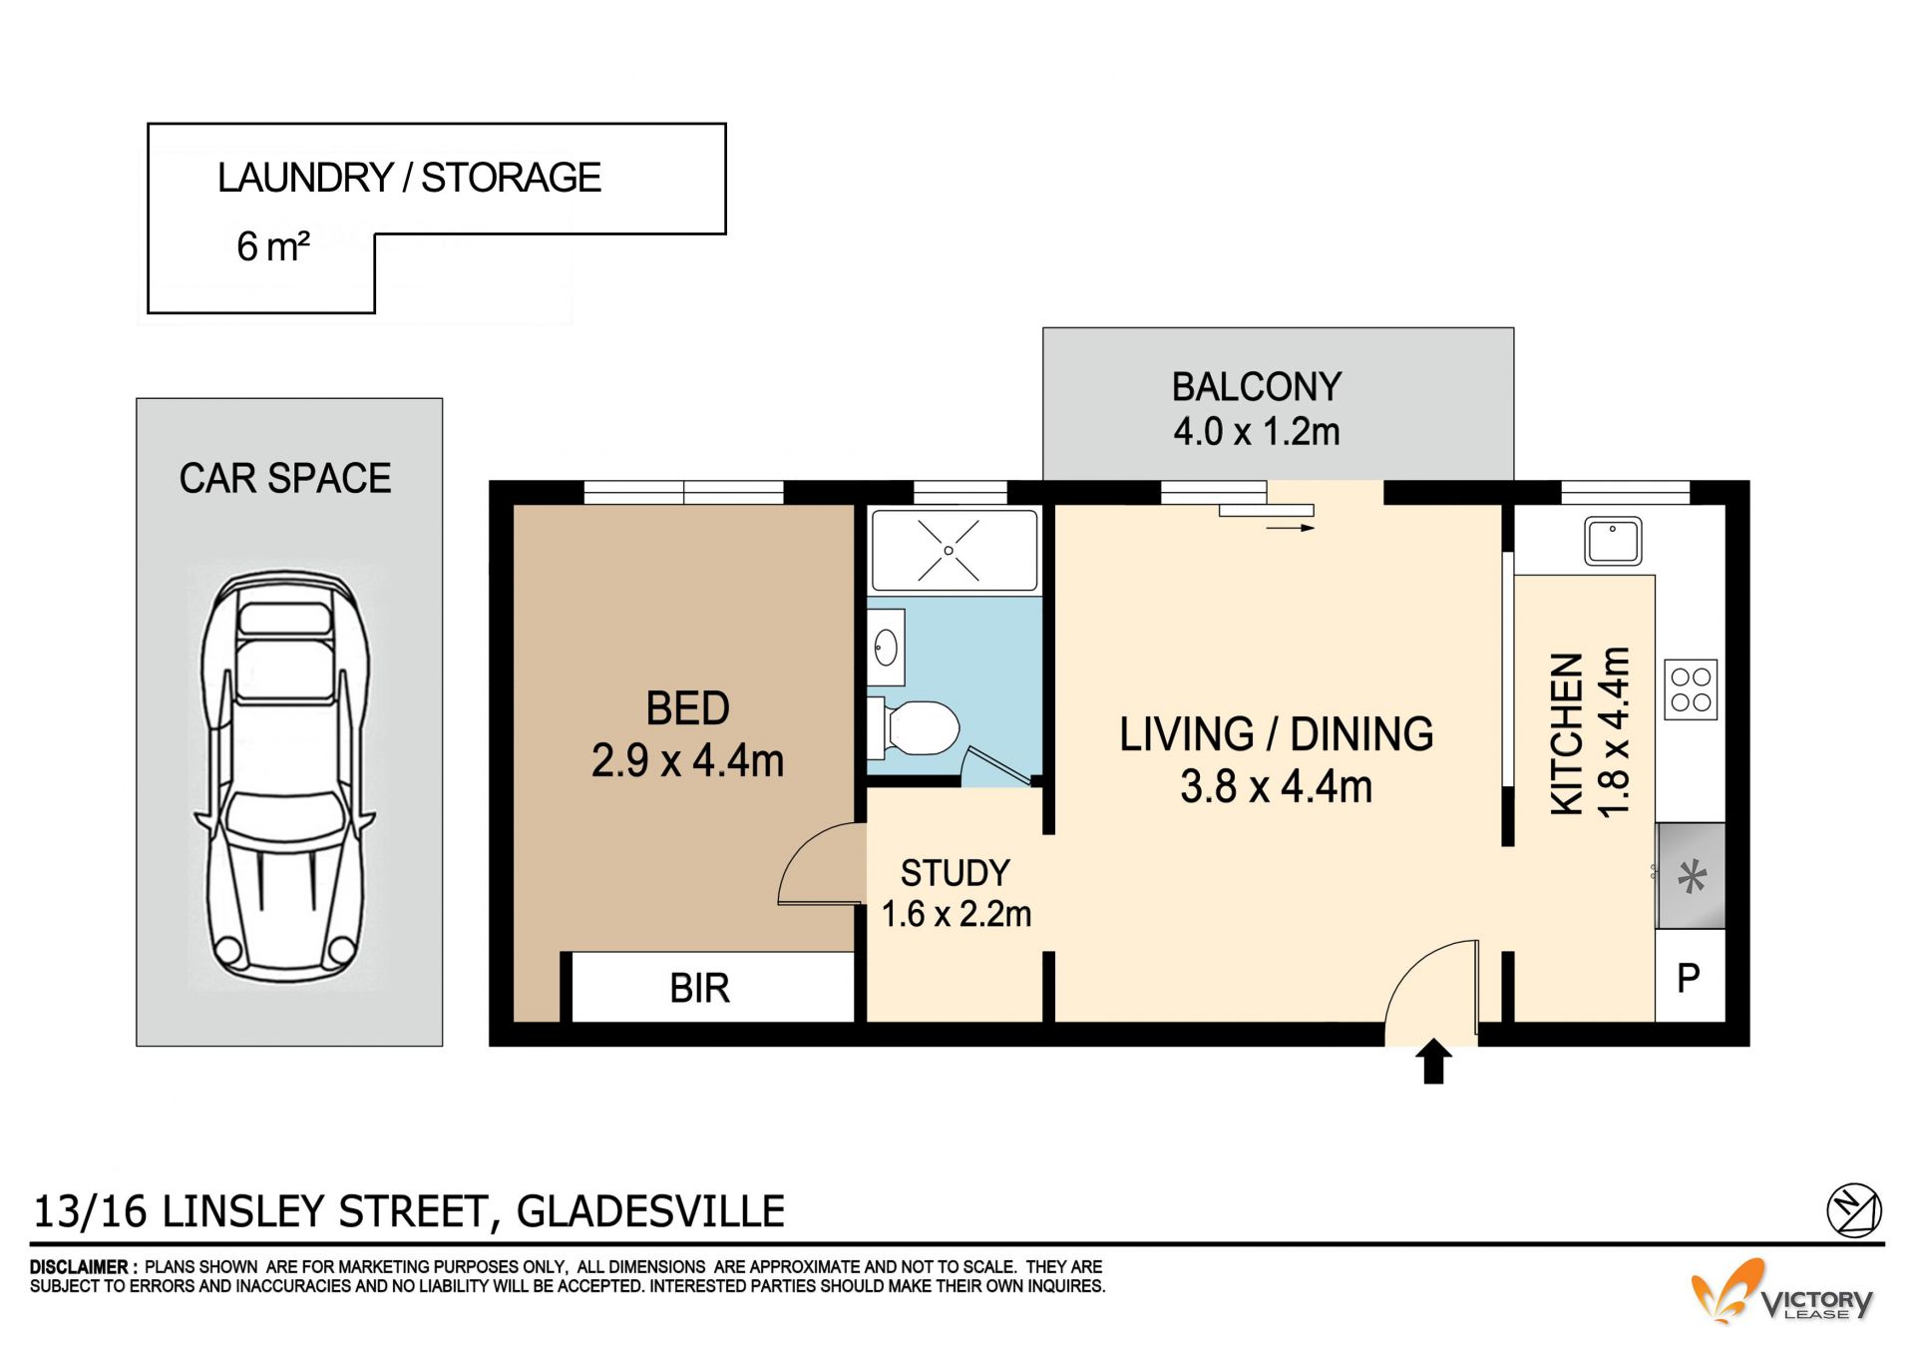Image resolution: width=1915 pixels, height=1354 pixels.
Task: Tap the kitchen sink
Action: (1613, 541)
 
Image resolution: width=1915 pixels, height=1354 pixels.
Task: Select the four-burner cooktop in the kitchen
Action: (1691, 689)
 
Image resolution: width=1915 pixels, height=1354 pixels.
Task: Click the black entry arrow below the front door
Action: (1433, 1061)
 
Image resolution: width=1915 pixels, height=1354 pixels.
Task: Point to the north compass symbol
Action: (1853, 1210)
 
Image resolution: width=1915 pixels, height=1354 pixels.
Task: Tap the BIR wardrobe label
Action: (700, 988)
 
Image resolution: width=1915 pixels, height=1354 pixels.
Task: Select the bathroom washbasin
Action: (886, 648)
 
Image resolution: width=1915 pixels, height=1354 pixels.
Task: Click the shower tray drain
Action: (949, 551)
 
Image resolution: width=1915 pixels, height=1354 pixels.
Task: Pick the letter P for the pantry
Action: (1689, 978)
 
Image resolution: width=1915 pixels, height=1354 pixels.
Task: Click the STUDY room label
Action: (956, 873)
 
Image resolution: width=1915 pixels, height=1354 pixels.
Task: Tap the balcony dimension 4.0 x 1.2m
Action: (1257, 431)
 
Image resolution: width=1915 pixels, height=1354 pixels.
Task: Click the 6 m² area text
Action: (273, 246)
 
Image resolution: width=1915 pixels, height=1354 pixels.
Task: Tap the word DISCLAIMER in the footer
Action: (79, 1267)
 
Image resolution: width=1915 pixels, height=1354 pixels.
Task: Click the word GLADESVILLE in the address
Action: (650, 1211)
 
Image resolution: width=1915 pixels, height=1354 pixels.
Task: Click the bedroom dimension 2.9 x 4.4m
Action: (688, 760)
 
